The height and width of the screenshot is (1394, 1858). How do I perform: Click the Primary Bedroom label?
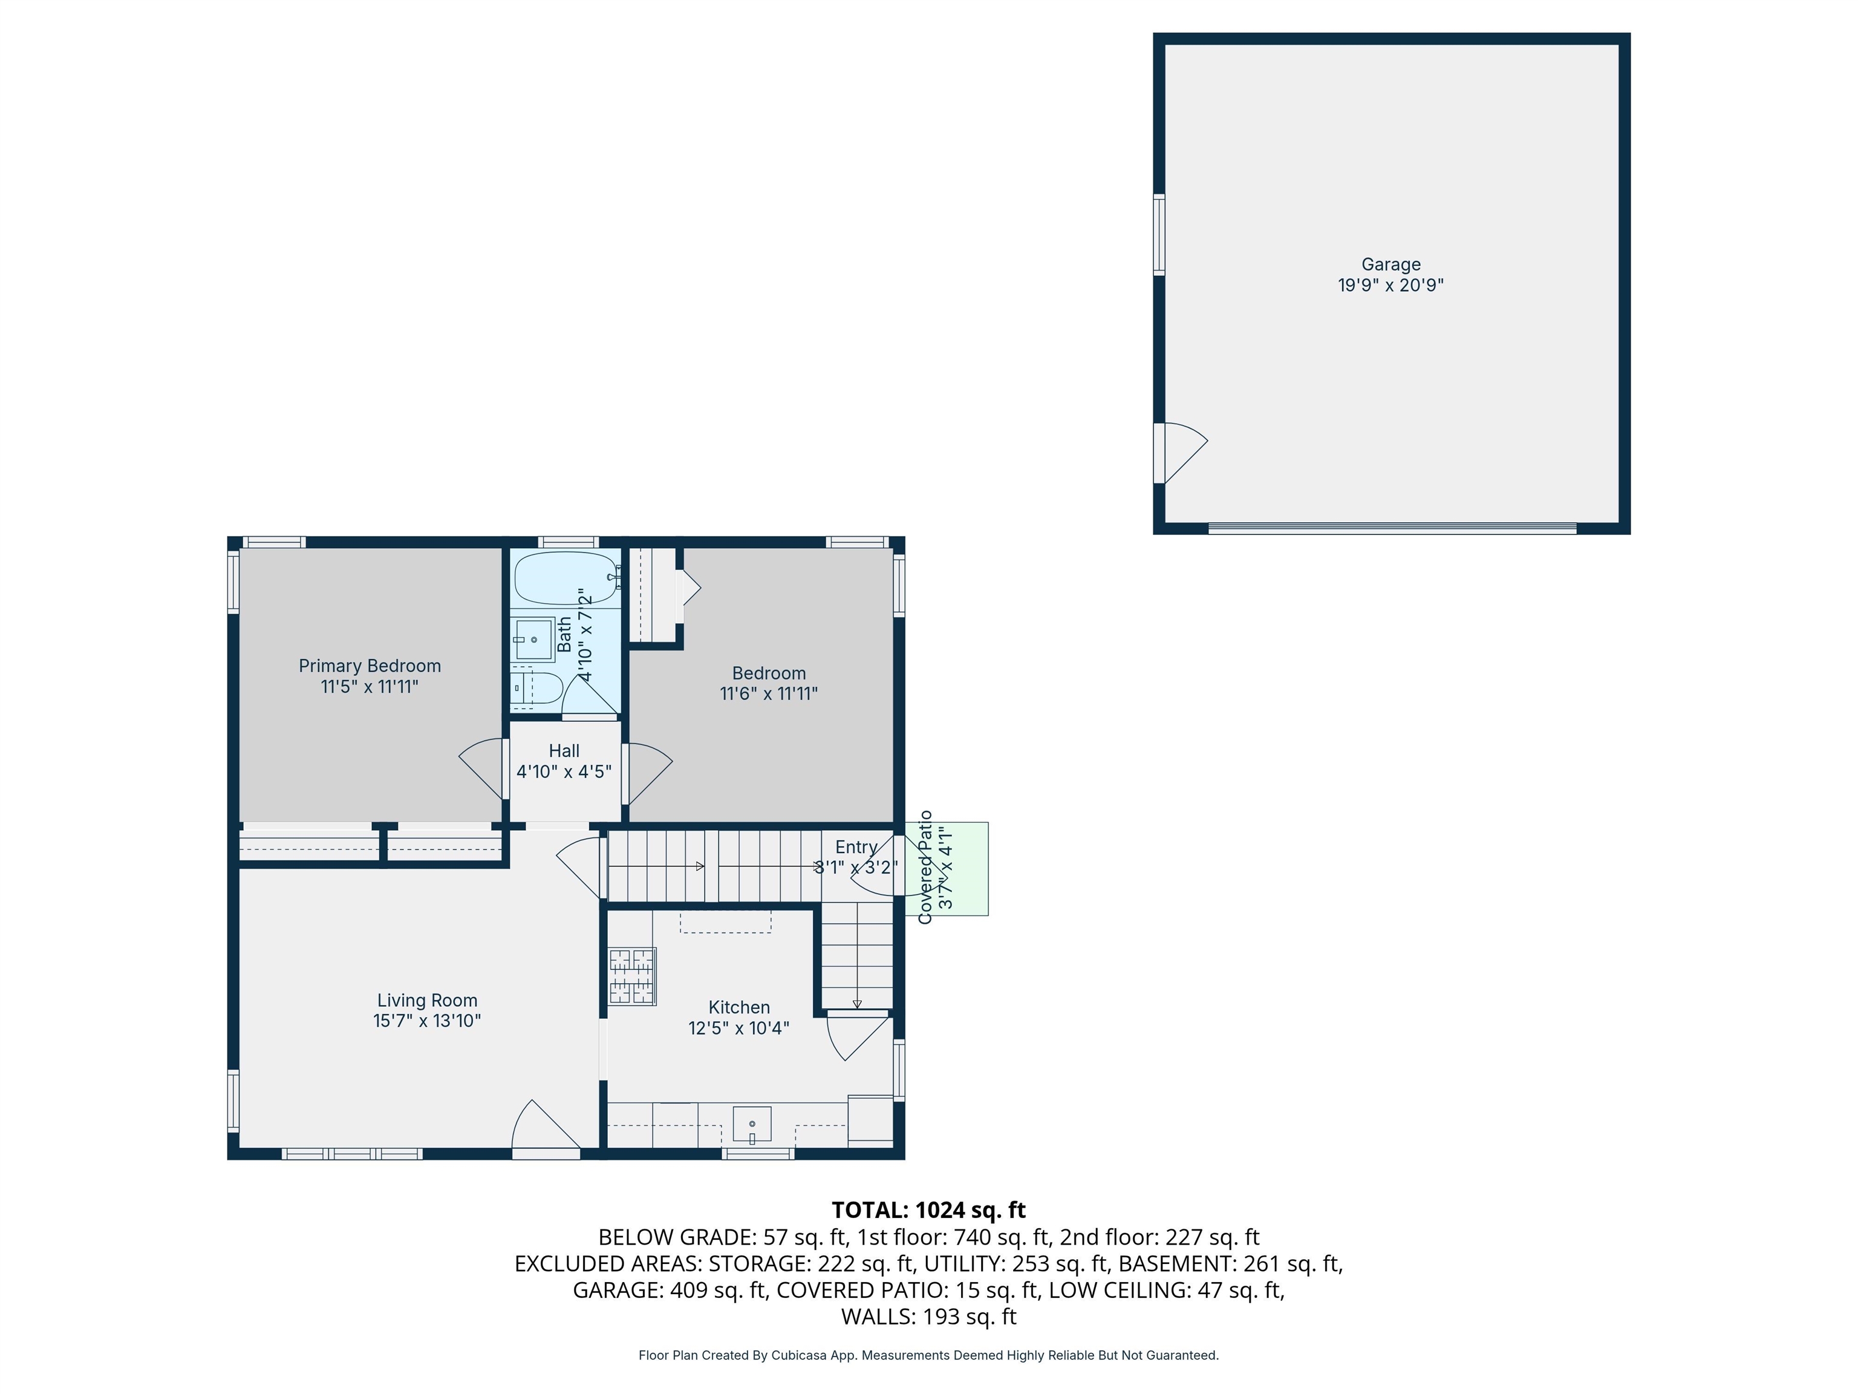click(x=370, y=666)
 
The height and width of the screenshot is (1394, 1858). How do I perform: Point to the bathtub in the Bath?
click(x=564, y=578)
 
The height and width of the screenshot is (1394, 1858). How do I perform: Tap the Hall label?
click(x=564, y=750)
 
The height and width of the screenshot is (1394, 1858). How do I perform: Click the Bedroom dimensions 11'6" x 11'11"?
click(x=769, y=694)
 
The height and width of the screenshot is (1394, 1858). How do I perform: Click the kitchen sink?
click(x=752, y=1124)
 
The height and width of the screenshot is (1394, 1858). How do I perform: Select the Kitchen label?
click(x=738, y=1007)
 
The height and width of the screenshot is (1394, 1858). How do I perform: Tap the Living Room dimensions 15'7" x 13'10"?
click(x=427, y=1021)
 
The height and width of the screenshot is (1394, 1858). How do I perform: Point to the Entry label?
click(x=856, y=847)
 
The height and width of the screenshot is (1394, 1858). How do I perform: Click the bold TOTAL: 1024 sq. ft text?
click(x=928, y=1210)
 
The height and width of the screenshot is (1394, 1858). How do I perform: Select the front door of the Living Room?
click(x=546, y=1130)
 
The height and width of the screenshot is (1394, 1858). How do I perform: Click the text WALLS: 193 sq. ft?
click(x=928, y=1317)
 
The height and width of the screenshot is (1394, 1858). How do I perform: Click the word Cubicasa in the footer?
click(x=798, y=1355)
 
